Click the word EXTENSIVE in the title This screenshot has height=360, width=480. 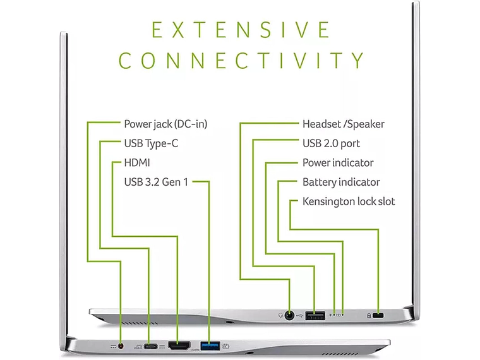(x=241, y=30)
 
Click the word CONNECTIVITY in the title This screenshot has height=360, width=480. (x=241, y=61)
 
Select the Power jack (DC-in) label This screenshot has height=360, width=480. (x=165, y=124)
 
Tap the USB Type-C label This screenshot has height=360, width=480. (x=151, y=143)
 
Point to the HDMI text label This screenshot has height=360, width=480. (x=137, y=163)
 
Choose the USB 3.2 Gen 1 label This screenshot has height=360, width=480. (x=156, y=183)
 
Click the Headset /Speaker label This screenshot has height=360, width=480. (x=343, y=124)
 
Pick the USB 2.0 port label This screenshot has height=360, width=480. (x=331, y=143)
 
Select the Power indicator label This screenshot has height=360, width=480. (x=338, y=163)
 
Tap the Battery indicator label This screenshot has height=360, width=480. (x=341, y=183)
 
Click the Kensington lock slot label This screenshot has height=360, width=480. (x=349, y=201)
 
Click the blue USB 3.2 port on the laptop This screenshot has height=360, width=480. (x=210, y=345)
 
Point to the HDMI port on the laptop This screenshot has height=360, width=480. (x=179, y=345)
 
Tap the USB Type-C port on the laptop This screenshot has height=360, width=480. (x=150, y=346)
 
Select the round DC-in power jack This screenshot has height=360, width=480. (x=121, y=346)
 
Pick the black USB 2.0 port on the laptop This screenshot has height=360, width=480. (x=315, y=315)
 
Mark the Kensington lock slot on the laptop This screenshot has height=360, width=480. (x=379, y=315)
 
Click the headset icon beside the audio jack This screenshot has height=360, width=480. (x=280, y=315)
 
